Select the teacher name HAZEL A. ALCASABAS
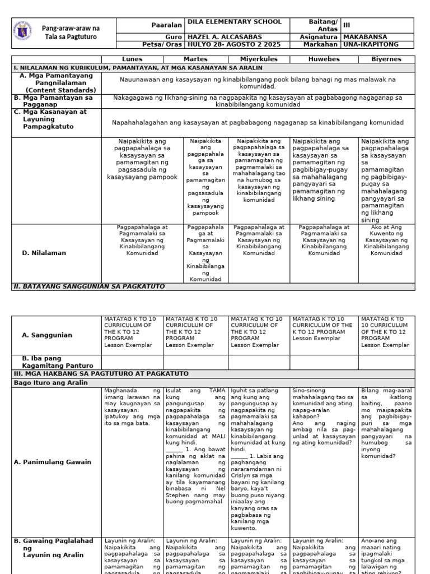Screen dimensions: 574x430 221,35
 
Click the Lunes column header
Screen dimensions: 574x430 132,59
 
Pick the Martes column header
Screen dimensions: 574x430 195,59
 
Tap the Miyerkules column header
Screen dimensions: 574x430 259,59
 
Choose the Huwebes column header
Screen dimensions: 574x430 324,59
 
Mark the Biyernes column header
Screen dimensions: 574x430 386,59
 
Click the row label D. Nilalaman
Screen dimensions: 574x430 44,253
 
